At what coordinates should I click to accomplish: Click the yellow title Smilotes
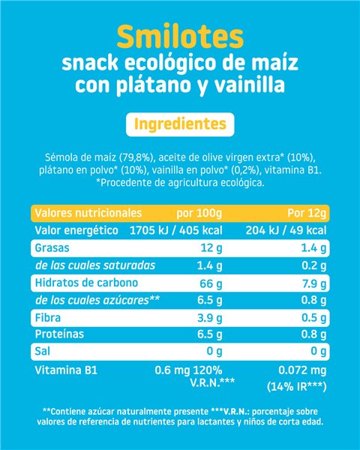[180, 37]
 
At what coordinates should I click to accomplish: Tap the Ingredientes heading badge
[180, 124]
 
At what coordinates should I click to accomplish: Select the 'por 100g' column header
[199, 214]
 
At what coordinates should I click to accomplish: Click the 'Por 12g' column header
[307, 213]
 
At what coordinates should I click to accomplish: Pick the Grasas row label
[52, 247]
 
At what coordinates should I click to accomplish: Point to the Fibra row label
[48, 318]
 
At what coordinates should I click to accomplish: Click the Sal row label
[42, 351]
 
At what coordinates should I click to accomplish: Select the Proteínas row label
[59, 334]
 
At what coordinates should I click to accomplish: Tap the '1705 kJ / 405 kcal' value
[176, 230]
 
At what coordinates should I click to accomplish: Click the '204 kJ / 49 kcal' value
[286, 230]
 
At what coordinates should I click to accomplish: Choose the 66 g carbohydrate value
[211, 283]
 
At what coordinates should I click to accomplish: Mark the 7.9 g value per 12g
[314, 283]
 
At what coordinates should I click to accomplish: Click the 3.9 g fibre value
[210, 318]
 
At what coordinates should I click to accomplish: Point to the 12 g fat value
[211, 248]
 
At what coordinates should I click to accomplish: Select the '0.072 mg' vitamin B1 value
[302, 370]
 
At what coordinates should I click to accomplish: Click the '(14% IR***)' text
[297, 387]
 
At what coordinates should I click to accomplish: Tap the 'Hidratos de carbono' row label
[86, 283]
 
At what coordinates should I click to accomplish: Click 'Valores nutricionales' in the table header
[88, 213]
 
